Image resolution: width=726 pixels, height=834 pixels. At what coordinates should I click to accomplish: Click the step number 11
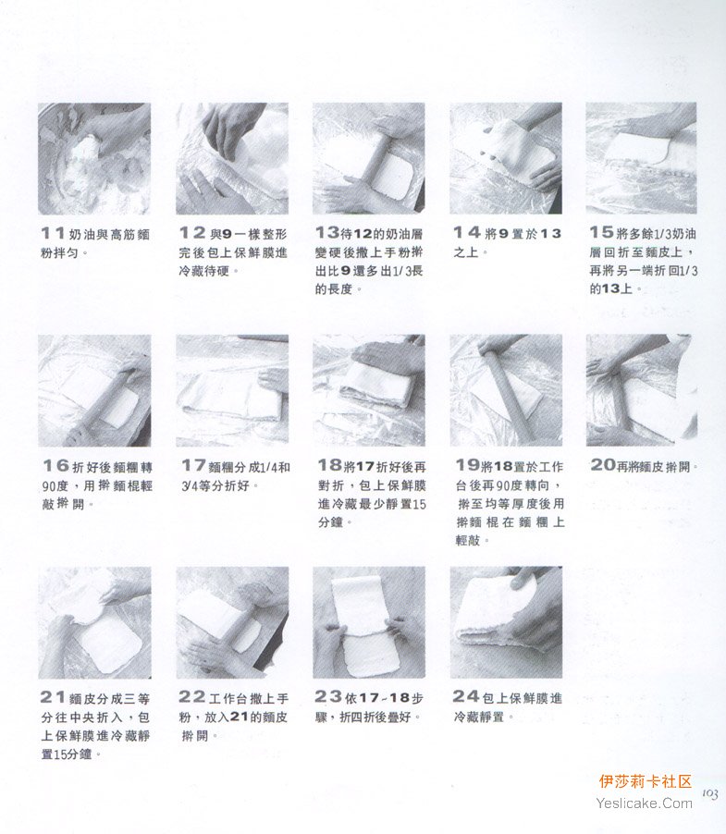[53, 233]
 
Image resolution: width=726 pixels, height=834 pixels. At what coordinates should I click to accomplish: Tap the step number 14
[467, 232]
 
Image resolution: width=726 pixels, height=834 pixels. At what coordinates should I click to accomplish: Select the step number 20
[603, 465]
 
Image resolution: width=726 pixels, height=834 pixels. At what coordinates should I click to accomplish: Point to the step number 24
[466, 696]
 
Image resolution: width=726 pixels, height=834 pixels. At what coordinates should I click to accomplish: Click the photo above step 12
[232, 158]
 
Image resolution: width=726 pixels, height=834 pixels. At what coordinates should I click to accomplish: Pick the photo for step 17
[232, 390]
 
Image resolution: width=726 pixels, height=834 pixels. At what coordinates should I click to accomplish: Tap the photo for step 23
[369, 622]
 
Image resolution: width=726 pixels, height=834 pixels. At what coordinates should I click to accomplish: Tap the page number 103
[710, 794]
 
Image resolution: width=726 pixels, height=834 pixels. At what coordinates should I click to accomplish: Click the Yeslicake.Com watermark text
[644, 803]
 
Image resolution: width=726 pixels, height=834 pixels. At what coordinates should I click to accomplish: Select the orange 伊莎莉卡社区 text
[646, 781]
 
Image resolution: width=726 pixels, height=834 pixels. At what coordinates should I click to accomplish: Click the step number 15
[601, 232]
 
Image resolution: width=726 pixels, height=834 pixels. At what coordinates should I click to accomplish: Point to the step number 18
[330, 465]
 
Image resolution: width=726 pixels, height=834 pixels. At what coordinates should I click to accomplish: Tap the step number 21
[53, 697]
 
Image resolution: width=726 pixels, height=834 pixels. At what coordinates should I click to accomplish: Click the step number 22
[192, 697]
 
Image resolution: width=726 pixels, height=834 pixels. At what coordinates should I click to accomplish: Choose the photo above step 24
[506, 622]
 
